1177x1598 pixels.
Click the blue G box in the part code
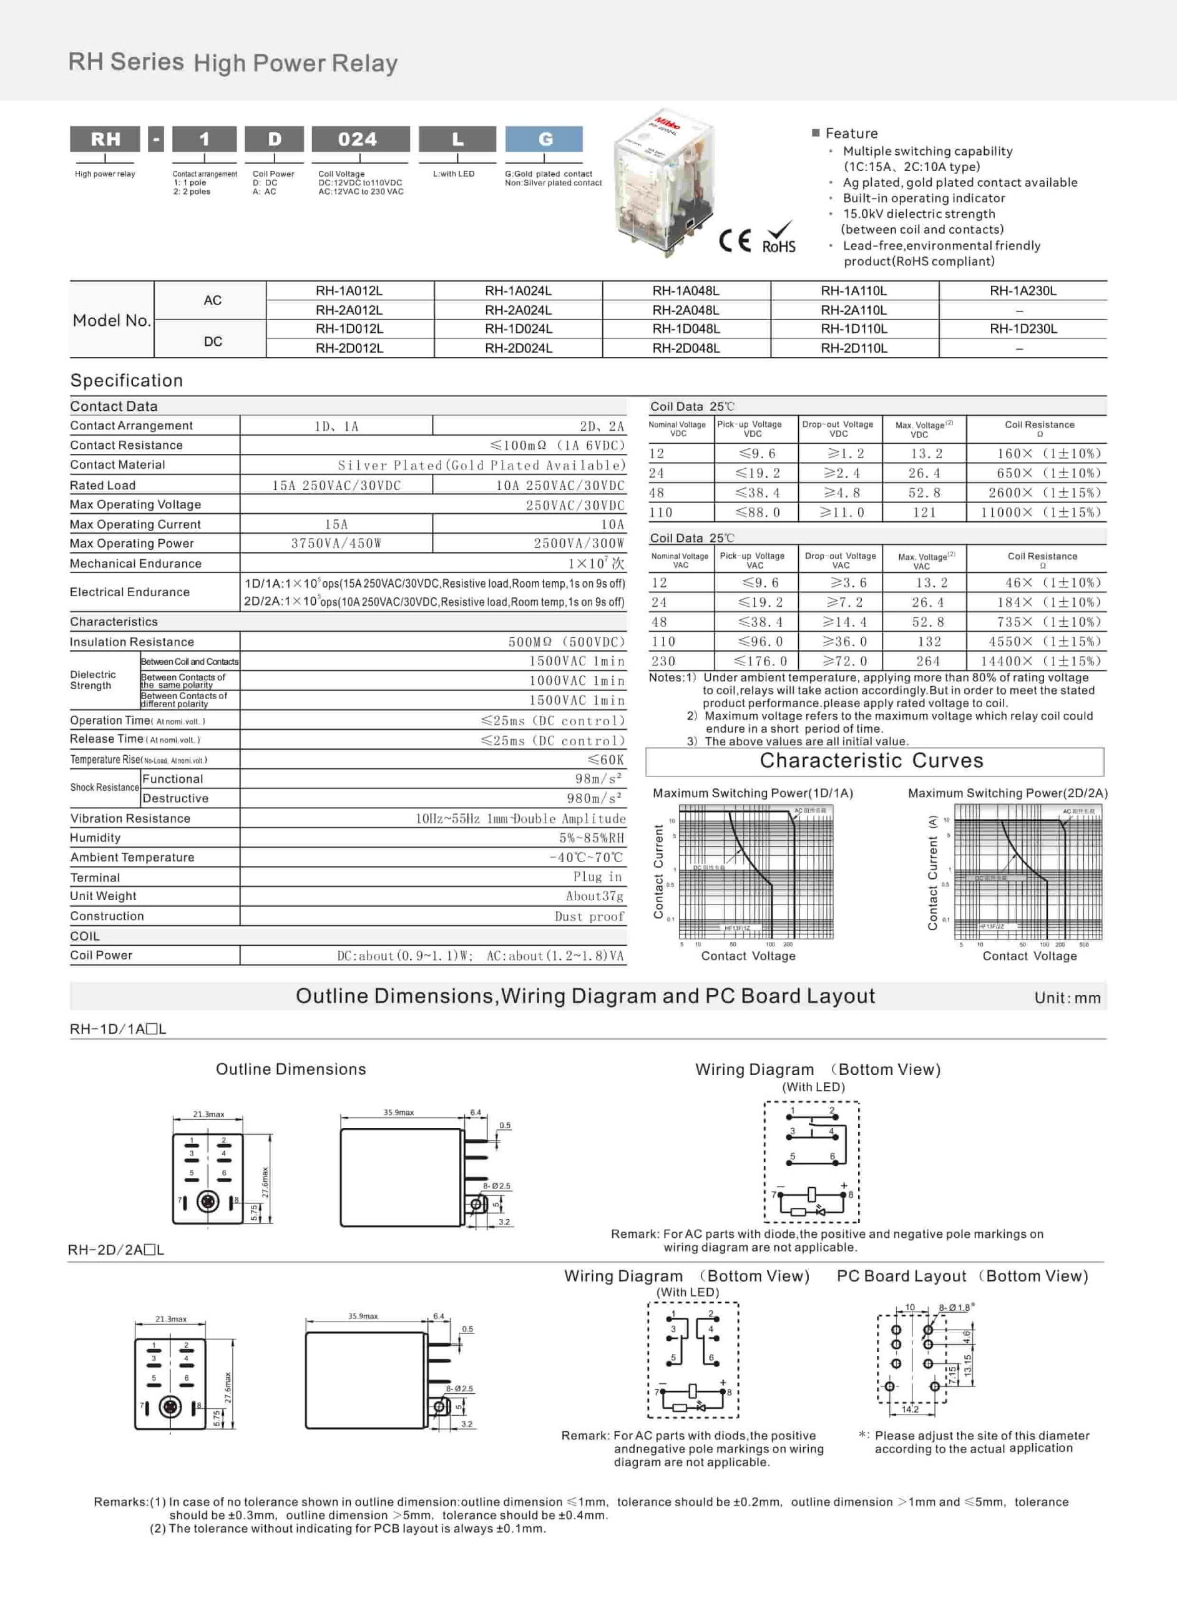tap(544, 139)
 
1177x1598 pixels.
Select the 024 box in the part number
tap(361, 139)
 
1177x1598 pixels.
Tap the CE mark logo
tap(735, 241)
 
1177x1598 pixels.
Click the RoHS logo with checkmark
tap(779, 238)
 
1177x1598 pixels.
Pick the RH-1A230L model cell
tap(1022, 291)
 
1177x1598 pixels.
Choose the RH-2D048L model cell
tap(686, 348)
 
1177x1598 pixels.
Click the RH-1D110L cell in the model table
tap(854, 329)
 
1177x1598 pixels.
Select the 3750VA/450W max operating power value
tap(336, 544)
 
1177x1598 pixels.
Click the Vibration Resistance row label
tap(130, 818)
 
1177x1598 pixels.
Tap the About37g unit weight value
tap(594, 896)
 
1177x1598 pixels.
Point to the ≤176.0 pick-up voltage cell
tap(761, 661)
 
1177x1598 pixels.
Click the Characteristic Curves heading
tap(871, 761)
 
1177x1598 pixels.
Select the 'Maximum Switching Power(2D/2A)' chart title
tap(1007, 793)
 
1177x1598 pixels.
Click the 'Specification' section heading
tap(127, 380)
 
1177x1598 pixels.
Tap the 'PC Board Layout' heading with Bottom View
tap(962, 1276)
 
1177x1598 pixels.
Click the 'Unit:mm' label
tap(1067, 998)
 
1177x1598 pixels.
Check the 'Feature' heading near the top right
tap(851, 133)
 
